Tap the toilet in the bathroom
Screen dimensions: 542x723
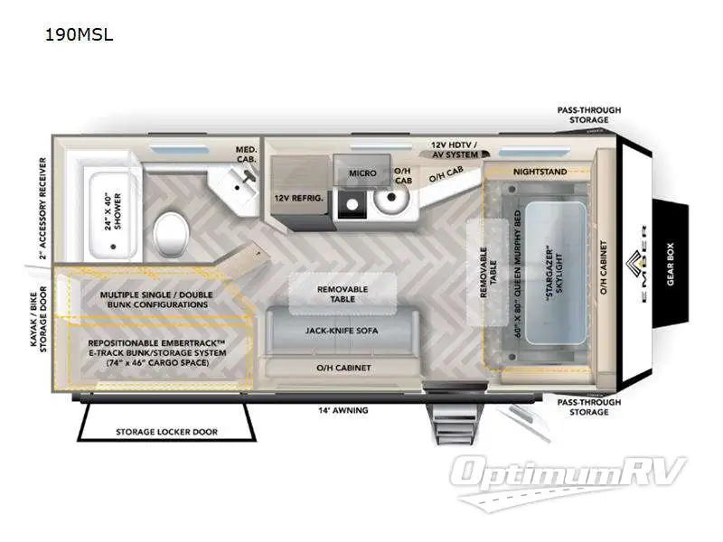tap(171, 233)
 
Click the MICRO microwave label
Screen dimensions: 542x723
tap(361, 173)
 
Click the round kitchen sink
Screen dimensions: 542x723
tap(392, 198)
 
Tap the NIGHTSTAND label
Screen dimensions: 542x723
tap(540, 171)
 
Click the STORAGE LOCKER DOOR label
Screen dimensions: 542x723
tap(166, 432)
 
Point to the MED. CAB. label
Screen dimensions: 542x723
tap(247, 154)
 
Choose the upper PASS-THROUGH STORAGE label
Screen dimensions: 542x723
tap(588, 115)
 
